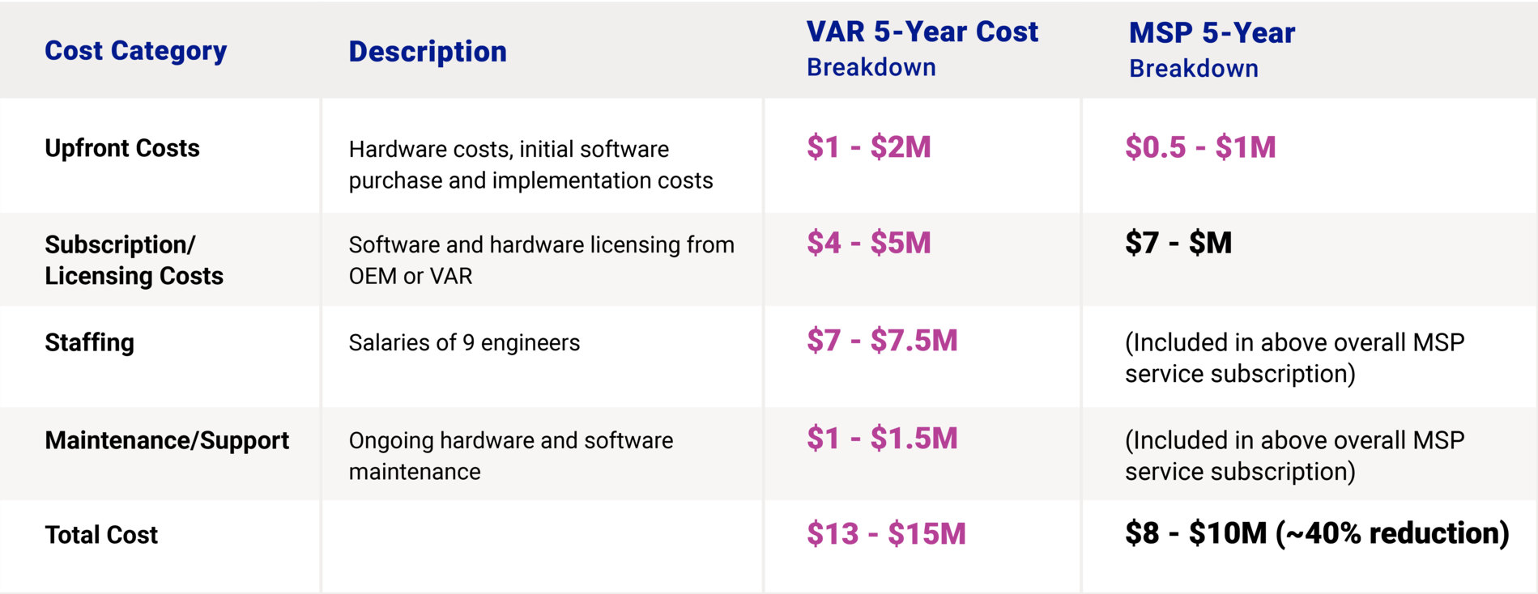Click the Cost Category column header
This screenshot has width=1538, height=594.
click(135, 50)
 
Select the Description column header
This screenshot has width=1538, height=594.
click(428, 51)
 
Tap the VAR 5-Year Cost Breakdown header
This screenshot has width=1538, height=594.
click(922, 49)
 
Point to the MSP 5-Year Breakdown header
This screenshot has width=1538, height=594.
click(1212, 49)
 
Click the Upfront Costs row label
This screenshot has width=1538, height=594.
click(122, 148)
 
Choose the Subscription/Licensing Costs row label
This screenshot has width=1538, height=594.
click(134, 260)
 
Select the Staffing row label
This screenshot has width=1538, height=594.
click(90, 342)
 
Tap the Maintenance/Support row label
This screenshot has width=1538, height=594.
click(167, 440)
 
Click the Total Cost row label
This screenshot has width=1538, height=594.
click(101, 535)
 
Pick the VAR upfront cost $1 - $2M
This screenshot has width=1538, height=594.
click(869, 147)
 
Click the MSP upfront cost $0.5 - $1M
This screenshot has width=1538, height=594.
click(1200, 147)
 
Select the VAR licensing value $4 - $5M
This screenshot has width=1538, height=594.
click(869, 243)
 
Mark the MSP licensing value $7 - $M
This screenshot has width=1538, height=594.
click(1178, 243)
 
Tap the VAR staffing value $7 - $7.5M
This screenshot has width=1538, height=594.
click(882, 341)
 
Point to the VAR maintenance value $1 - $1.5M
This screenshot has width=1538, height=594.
click(882, 439)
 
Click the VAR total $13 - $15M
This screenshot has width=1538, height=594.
click(886, 534)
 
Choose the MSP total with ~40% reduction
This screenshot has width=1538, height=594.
click(1317, 533)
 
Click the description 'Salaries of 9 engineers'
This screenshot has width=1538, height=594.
click(464, 342)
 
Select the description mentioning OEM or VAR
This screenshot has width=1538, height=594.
click(542, 260)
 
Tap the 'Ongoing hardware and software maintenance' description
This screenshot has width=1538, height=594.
click(511, 456)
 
